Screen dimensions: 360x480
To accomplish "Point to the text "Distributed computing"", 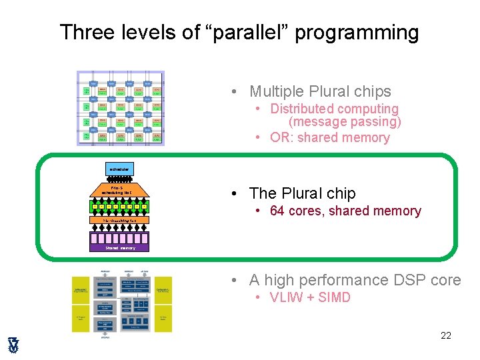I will point(334,109).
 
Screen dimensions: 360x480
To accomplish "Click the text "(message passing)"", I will point(345,122).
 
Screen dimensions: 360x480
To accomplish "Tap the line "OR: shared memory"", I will point(329,138).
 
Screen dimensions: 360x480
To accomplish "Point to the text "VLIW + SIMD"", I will point(310,297).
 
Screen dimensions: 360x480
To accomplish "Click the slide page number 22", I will point(445,335).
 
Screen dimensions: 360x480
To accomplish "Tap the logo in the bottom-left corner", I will point(13,344).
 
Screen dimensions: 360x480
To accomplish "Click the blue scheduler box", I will point(119,169).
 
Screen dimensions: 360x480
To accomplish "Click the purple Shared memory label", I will point(120,248).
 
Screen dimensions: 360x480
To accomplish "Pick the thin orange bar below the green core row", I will point(120,219).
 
